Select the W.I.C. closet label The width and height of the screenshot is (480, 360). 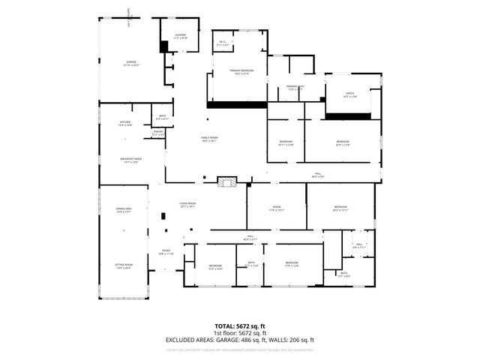(223, 43)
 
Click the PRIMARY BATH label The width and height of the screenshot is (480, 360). (295, 87)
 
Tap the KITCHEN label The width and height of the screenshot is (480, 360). (125, 123)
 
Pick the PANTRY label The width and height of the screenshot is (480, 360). (158, 133)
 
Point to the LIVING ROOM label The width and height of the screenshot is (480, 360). (187, 205)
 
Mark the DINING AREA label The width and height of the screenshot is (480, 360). (124, 211)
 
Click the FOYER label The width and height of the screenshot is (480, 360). (166, 253)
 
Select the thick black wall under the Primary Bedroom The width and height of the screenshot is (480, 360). (237, 104)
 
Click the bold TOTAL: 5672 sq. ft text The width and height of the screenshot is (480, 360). (239, 327)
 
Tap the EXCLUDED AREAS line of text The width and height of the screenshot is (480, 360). (239, 340)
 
